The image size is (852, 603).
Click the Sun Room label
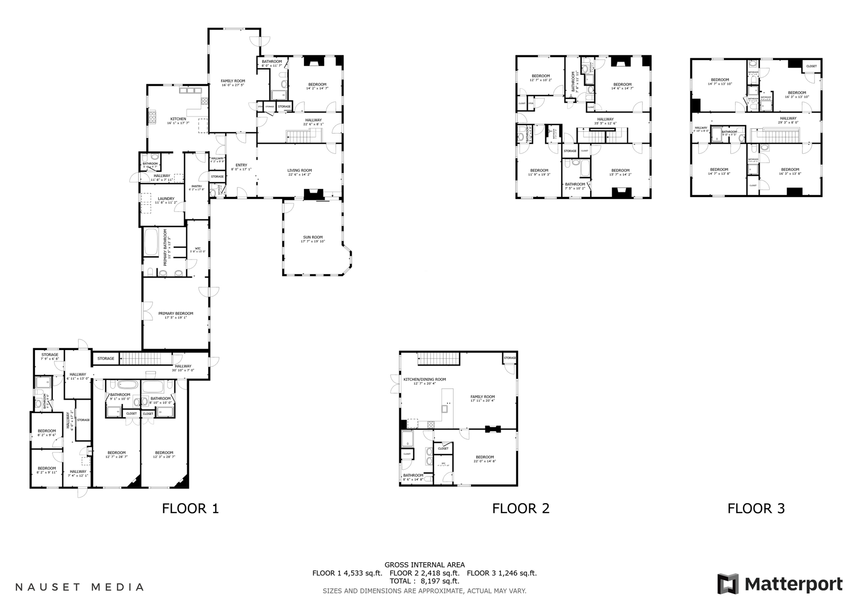[313, 239]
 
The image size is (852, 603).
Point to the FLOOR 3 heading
[756, 509]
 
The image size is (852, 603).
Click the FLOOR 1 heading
[190, 509]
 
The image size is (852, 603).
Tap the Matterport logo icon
[728, 584]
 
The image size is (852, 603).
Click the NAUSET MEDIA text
[80, 587]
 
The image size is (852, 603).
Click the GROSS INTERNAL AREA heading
[425, 565]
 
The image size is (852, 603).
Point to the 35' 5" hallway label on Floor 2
[605, 121]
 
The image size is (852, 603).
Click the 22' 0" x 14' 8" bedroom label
[485, 459]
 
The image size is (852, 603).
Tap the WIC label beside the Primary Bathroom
[198, 250]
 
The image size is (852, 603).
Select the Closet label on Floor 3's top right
[811, 66]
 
